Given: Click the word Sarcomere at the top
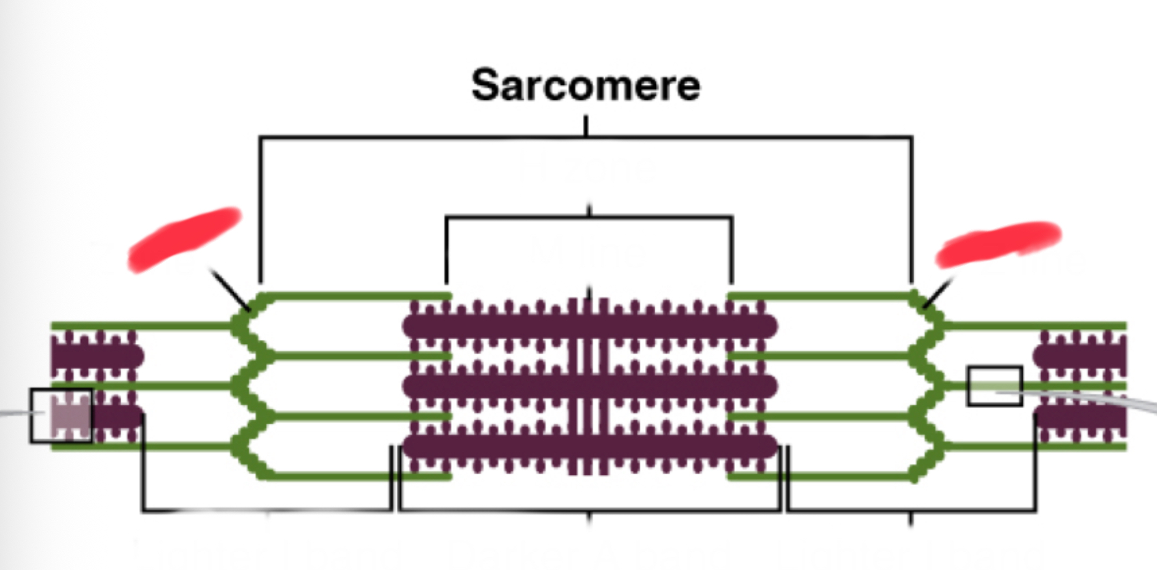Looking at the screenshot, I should point(585,85).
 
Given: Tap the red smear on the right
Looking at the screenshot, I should point(998,244).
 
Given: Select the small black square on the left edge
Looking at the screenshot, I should point(61,415).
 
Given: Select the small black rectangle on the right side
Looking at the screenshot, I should point(994,386).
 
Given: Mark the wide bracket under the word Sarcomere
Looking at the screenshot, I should point(585,137).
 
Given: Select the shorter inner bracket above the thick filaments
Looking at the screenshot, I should point(589,218).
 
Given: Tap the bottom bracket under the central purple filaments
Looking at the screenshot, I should point(589,510).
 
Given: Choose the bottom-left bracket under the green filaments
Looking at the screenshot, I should point(266,510).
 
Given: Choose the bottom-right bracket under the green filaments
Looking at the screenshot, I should point(911,510).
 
